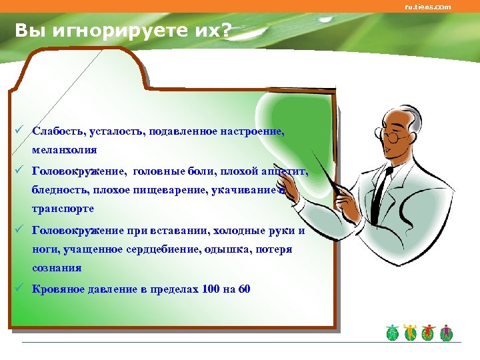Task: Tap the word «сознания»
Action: pos(57,267)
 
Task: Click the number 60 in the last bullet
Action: pos(244,289)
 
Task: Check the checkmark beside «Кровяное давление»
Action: pos(23,288)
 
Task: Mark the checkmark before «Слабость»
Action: pos(23,131)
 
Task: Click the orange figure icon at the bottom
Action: pos(410,333)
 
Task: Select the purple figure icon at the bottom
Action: pos(446,333)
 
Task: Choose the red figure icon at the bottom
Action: pos(428,333)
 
